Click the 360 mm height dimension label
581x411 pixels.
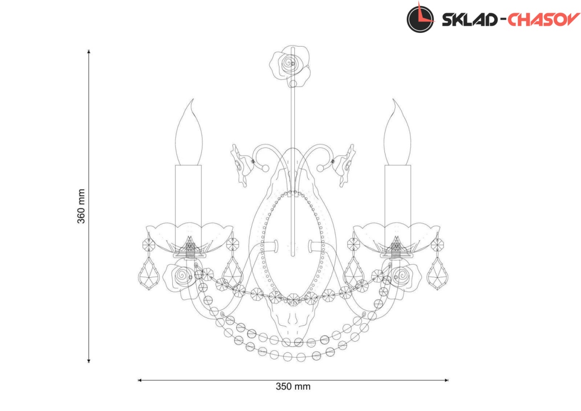pos(81,206)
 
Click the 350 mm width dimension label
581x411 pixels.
pos(293,387)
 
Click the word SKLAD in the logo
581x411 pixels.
pos(469,20)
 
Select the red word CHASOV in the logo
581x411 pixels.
pos(544,19)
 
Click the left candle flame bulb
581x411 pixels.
pos(189,132)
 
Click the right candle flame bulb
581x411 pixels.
pos(398,132)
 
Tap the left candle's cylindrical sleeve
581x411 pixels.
pos(188,203)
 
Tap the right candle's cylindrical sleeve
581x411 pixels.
pos(398,203)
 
